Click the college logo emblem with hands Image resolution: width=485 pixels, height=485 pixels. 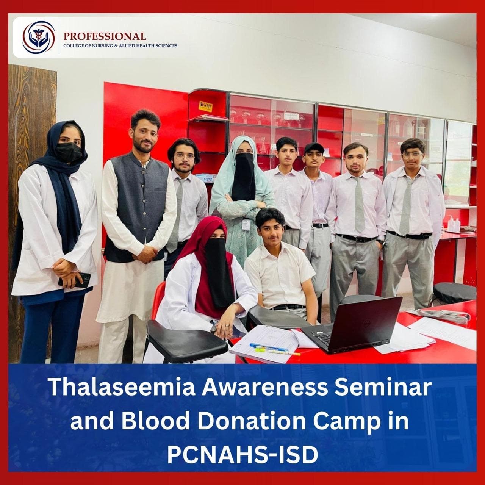coord(39,37)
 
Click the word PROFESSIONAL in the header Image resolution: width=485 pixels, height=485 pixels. coord(105,36)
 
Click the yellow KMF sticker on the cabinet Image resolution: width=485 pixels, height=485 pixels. coord(205,106)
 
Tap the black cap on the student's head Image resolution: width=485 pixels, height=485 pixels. coord(314,147)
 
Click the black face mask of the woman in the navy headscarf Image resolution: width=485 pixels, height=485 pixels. coord(69,152)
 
